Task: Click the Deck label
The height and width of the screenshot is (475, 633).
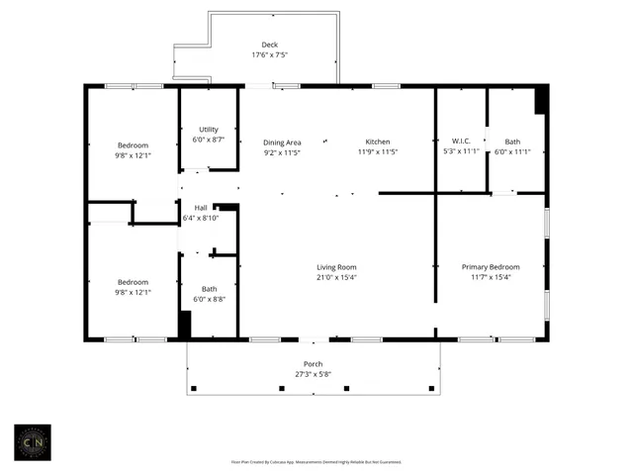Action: click(x=269, y=46)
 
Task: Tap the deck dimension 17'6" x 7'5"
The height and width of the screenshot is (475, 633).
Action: click(x=269, y=55)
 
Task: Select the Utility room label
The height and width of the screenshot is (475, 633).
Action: click(x=208, y=130)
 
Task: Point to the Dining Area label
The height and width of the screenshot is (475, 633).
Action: click(x=282, y=142)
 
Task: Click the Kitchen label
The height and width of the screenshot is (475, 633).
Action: click(x=377, y=142)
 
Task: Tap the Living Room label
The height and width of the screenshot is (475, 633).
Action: click(x=336, y=267)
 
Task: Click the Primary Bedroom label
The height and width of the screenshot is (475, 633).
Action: click(x=492, y=267)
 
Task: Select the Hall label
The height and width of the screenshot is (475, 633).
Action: click(x=201, y=208)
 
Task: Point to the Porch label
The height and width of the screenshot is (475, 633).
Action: click(x=313, y=364)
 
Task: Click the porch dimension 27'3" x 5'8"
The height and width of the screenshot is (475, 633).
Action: click(x=313, y=375)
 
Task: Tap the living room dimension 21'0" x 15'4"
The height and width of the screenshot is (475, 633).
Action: click(x=336, y=278)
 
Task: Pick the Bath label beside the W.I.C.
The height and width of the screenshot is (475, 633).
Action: click(x=512, y=142)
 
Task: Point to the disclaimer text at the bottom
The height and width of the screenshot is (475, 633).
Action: click(x=316, y=461)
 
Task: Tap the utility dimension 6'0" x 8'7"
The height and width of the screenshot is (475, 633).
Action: click(x=208, y=141)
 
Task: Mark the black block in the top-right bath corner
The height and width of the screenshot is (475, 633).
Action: click(x=541, y=99)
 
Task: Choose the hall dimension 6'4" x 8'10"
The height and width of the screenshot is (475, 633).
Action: click(x=201, y=219)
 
